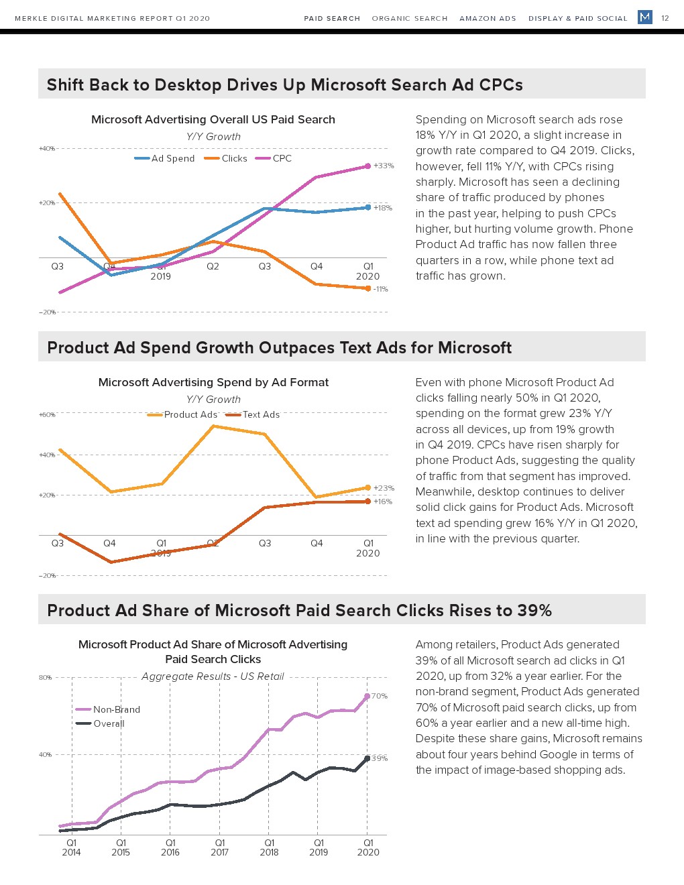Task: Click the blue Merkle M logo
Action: point(644,17)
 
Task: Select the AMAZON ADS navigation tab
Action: point(488,18)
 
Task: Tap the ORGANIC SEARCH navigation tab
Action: point(410,18)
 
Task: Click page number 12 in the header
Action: point(665,18)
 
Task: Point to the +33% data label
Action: point(384,166)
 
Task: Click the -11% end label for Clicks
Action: point(381,289)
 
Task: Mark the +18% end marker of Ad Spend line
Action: point(368,207)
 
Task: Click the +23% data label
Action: point(384,488)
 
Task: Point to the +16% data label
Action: point(383,501)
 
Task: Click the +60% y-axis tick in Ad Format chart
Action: point(47,414)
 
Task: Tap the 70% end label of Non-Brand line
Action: point(380,696)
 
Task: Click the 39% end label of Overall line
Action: point(380,758)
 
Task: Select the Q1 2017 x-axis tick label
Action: point(220,847)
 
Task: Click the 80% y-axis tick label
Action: point(45,677)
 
